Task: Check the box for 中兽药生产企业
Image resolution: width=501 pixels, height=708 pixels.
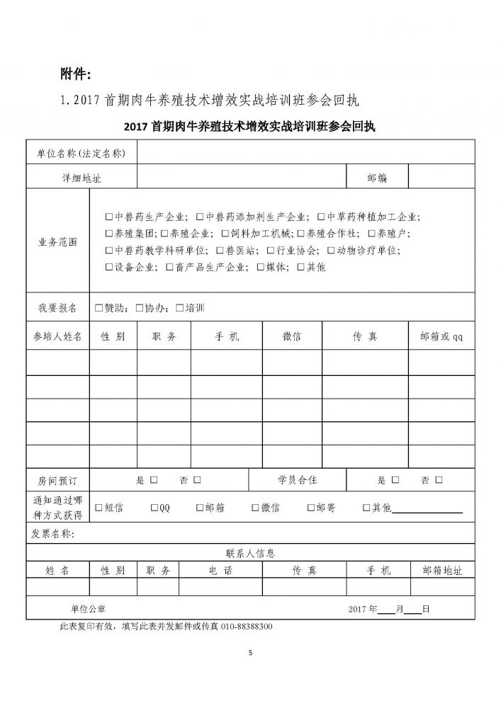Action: (108, 217)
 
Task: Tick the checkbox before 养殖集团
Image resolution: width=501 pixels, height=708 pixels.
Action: (108, 234)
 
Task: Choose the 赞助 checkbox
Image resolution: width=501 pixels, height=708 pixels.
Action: (98, 308)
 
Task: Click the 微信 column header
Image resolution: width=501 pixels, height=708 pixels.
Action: (291, 336)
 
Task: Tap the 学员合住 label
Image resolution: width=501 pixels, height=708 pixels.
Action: (298, 481)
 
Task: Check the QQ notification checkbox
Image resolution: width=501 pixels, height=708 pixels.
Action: (154, 508)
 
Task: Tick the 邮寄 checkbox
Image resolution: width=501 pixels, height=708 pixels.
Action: (311, 508)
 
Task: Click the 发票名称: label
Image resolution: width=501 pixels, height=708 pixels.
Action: (53, 533)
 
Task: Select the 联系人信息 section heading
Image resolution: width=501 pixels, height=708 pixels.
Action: (250, 553)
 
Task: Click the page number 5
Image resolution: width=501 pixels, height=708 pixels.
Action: (250, 653)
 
